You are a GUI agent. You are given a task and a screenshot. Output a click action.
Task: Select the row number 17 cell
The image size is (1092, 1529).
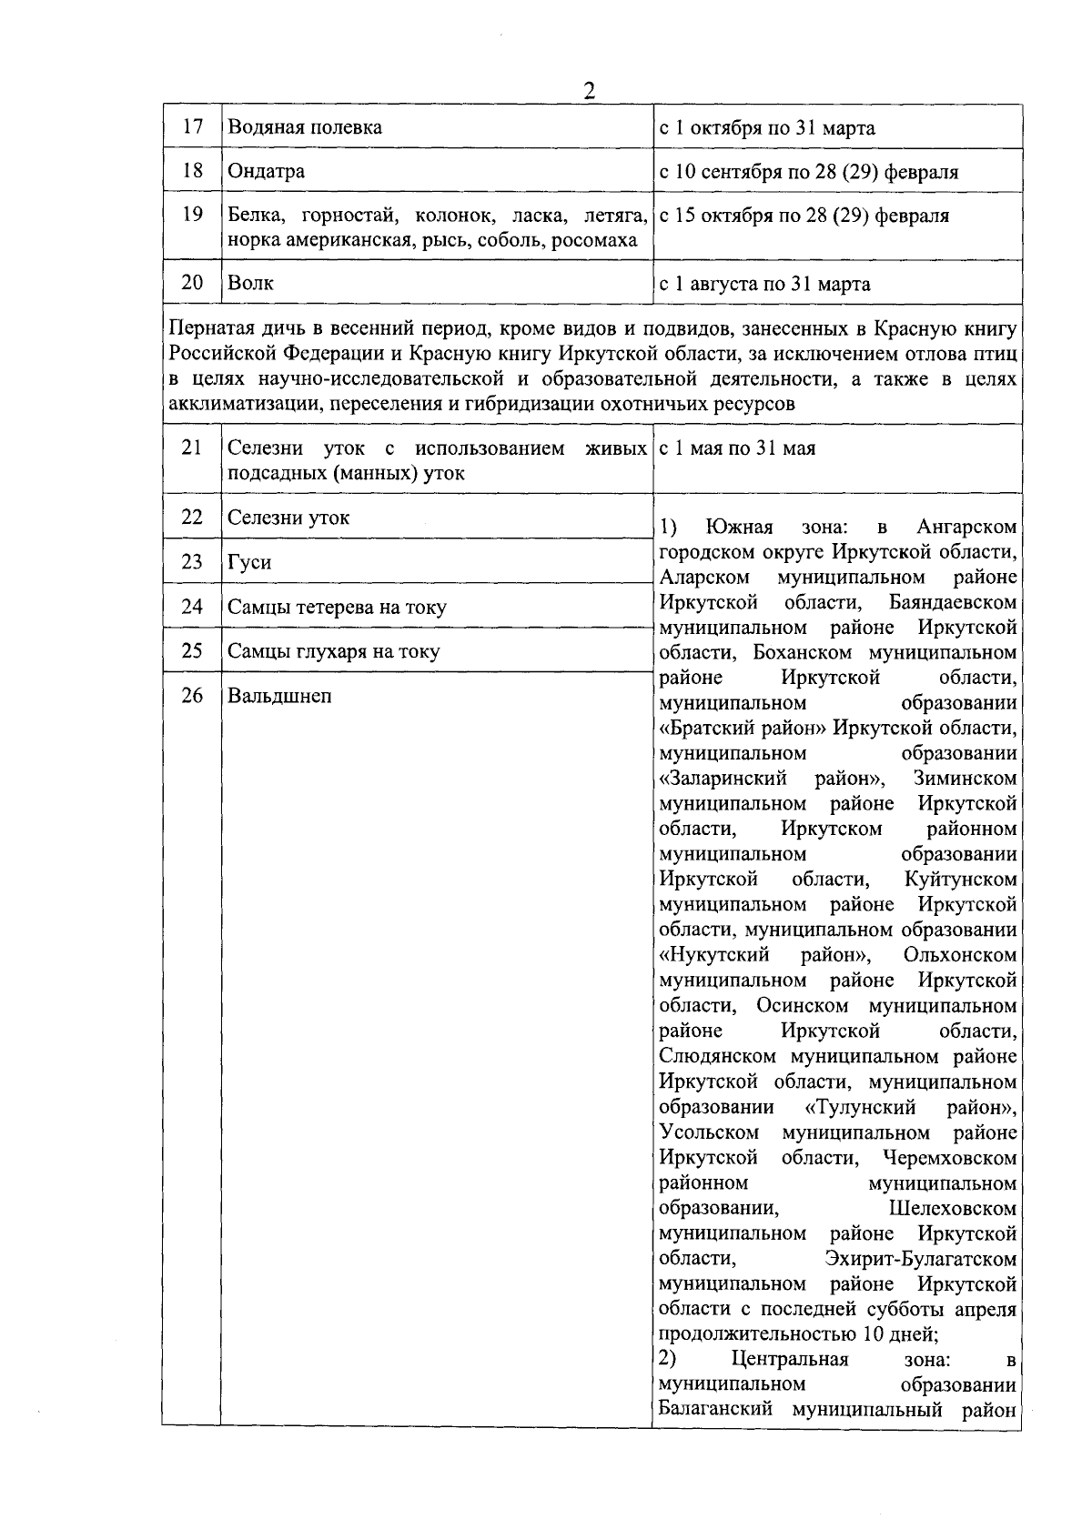point(192,126)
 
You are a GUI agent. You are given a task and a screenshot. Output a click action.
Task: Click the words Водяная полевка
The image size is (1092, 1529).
point(305,127)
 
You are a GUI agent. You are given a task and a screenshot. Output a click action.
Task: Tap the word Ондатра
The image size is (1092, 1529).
point(266,172)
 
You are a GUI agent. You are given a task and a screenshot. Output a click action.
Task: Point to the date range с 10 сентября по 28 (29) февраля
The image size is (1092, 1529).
point(808,172)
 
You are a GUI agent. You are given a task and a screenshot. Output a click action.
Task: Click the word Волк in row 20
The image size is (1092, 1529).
point(250,283)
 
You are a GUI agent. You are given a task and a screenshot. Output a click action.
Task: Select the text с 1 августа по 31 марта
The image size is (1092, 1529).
point(764,284)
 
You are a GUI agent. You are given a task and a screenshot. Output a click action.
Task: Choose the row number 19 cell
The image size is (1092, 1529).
point(192,216)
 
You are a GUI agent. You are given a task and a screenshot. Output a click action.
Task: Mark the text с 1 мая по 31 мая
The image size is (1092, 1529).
point(737,448)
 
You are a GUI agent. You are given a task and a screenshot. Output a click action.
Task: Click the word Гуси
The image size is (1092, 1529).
point(249,563)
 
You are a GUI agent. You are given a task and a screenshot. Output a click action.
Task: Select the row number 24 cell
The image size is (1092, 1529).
point(192,607)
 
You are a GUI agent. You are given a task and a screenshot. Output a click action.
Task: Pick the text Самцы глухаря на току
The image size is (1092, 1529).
point(333,651)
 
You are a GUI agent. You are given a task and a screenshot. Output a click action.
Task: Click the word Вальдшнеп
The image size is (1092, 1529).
point(279,696)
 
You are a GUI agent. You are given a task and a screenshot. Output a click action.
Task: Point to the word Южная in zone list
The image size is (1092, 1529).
point(739,527)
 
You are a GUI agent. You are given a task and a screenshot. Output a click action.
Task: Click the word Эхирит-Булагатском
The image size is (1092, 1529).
point(920,1258)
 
